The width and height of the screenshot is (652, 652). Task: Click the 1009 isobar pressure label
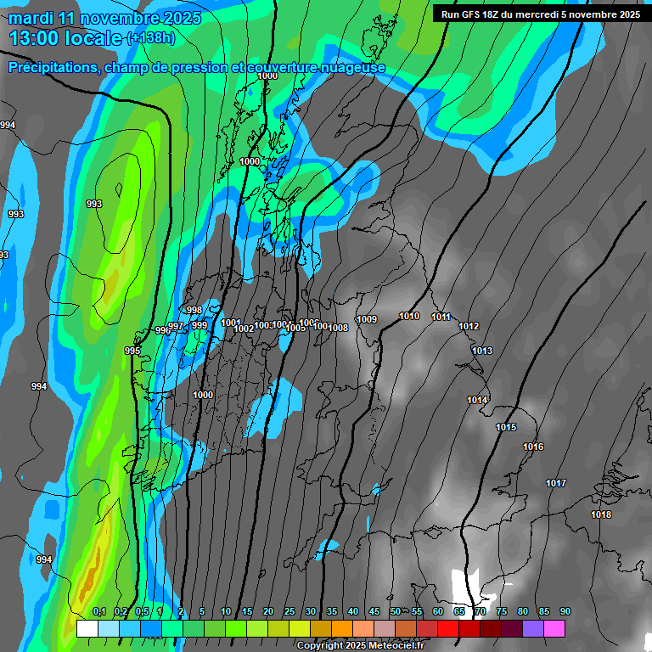click(367, 319)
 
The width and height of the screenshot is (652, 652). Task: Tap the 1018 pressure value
click(601, 514)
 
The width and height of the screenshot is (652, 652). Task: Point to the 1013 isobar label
click(482, 351)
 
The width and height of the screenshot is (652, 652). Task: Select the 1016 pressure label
click(533, 447)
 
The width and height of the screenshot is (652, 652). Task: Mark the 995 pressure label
click(132, 351)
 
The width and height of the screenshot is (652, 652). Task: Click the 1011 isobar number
click(441, 317)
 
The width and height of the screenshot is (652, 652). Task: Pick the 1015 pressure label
click(506, 427)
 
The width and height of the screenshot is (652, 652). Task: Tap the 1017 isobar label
click(556, 483)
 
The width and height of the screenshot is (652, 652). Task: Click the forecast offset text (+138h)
click(152, 38)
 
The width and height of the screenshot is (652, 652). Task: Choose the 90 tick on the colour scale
click(565, 611)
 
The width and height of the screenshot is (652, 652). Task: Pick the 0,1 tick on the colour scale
click(99, 611)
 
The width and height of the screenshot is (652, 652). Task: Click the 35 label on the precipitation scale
click(332, 611)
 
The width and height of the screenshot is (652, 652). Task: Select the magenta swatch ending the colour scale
click(554, 628)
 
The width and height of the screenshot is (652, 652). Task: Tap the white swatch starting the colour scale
click(87, 628)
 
